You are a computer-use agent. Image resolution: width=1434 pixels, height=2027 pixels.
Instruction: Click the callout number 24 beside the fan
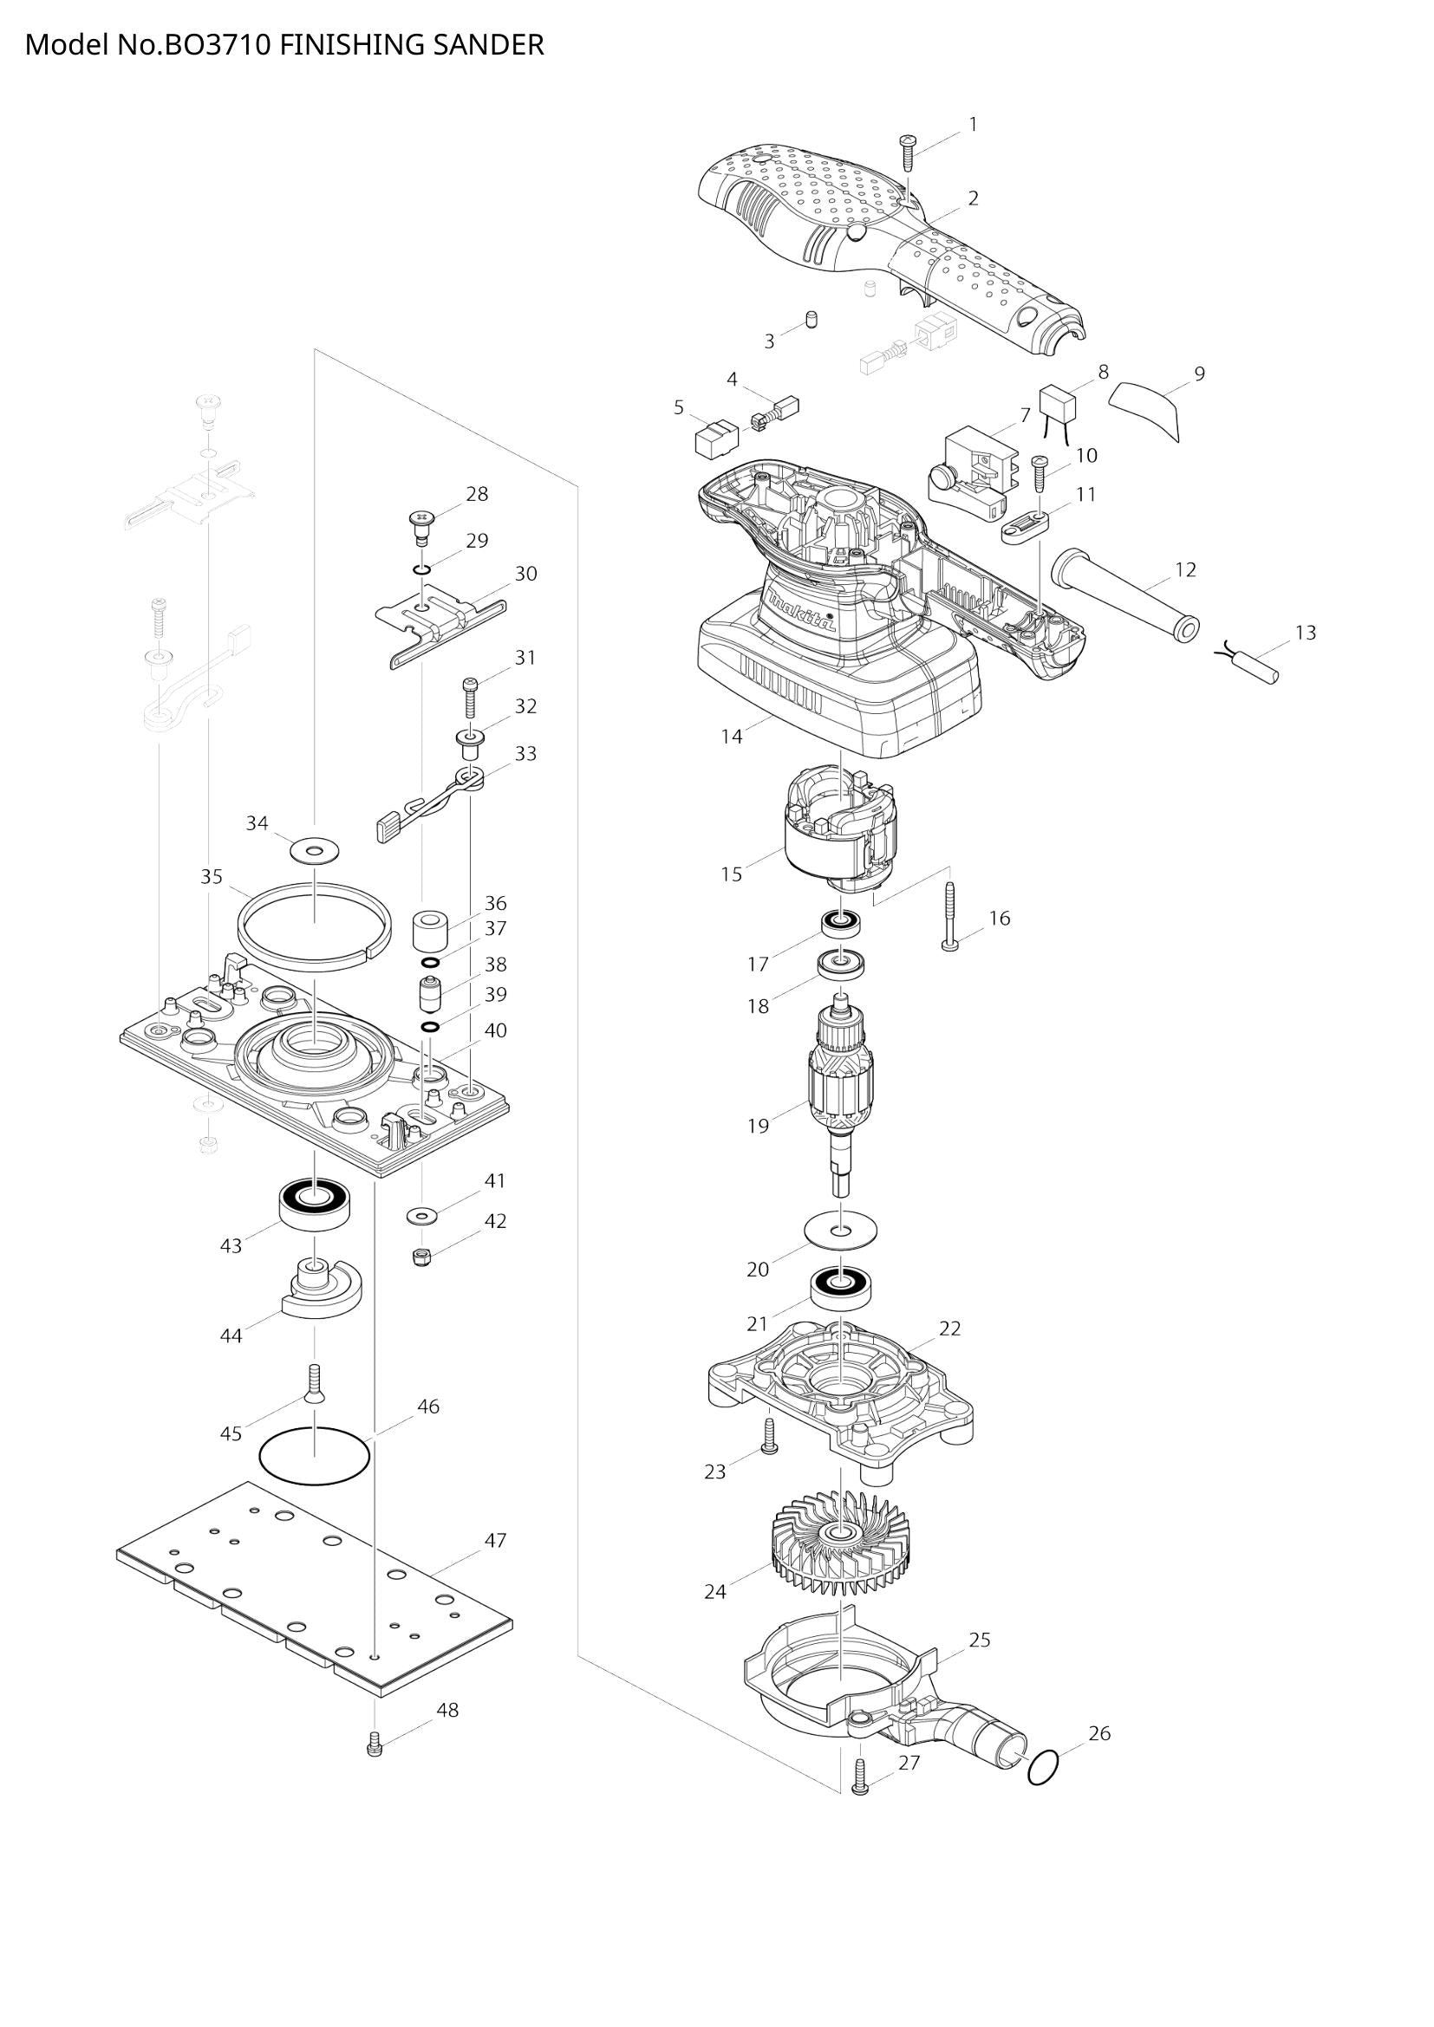pyautogui.click(x=714, y=1592)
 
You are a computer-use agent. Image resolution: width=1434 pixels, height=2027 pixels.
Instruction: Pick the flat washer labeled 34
pyautogui.click(x=314, y=852)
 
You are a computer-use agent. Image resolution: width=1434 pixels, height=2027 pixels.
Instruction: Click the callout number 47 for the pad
pyautogui.click(x=495, y=1541)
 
